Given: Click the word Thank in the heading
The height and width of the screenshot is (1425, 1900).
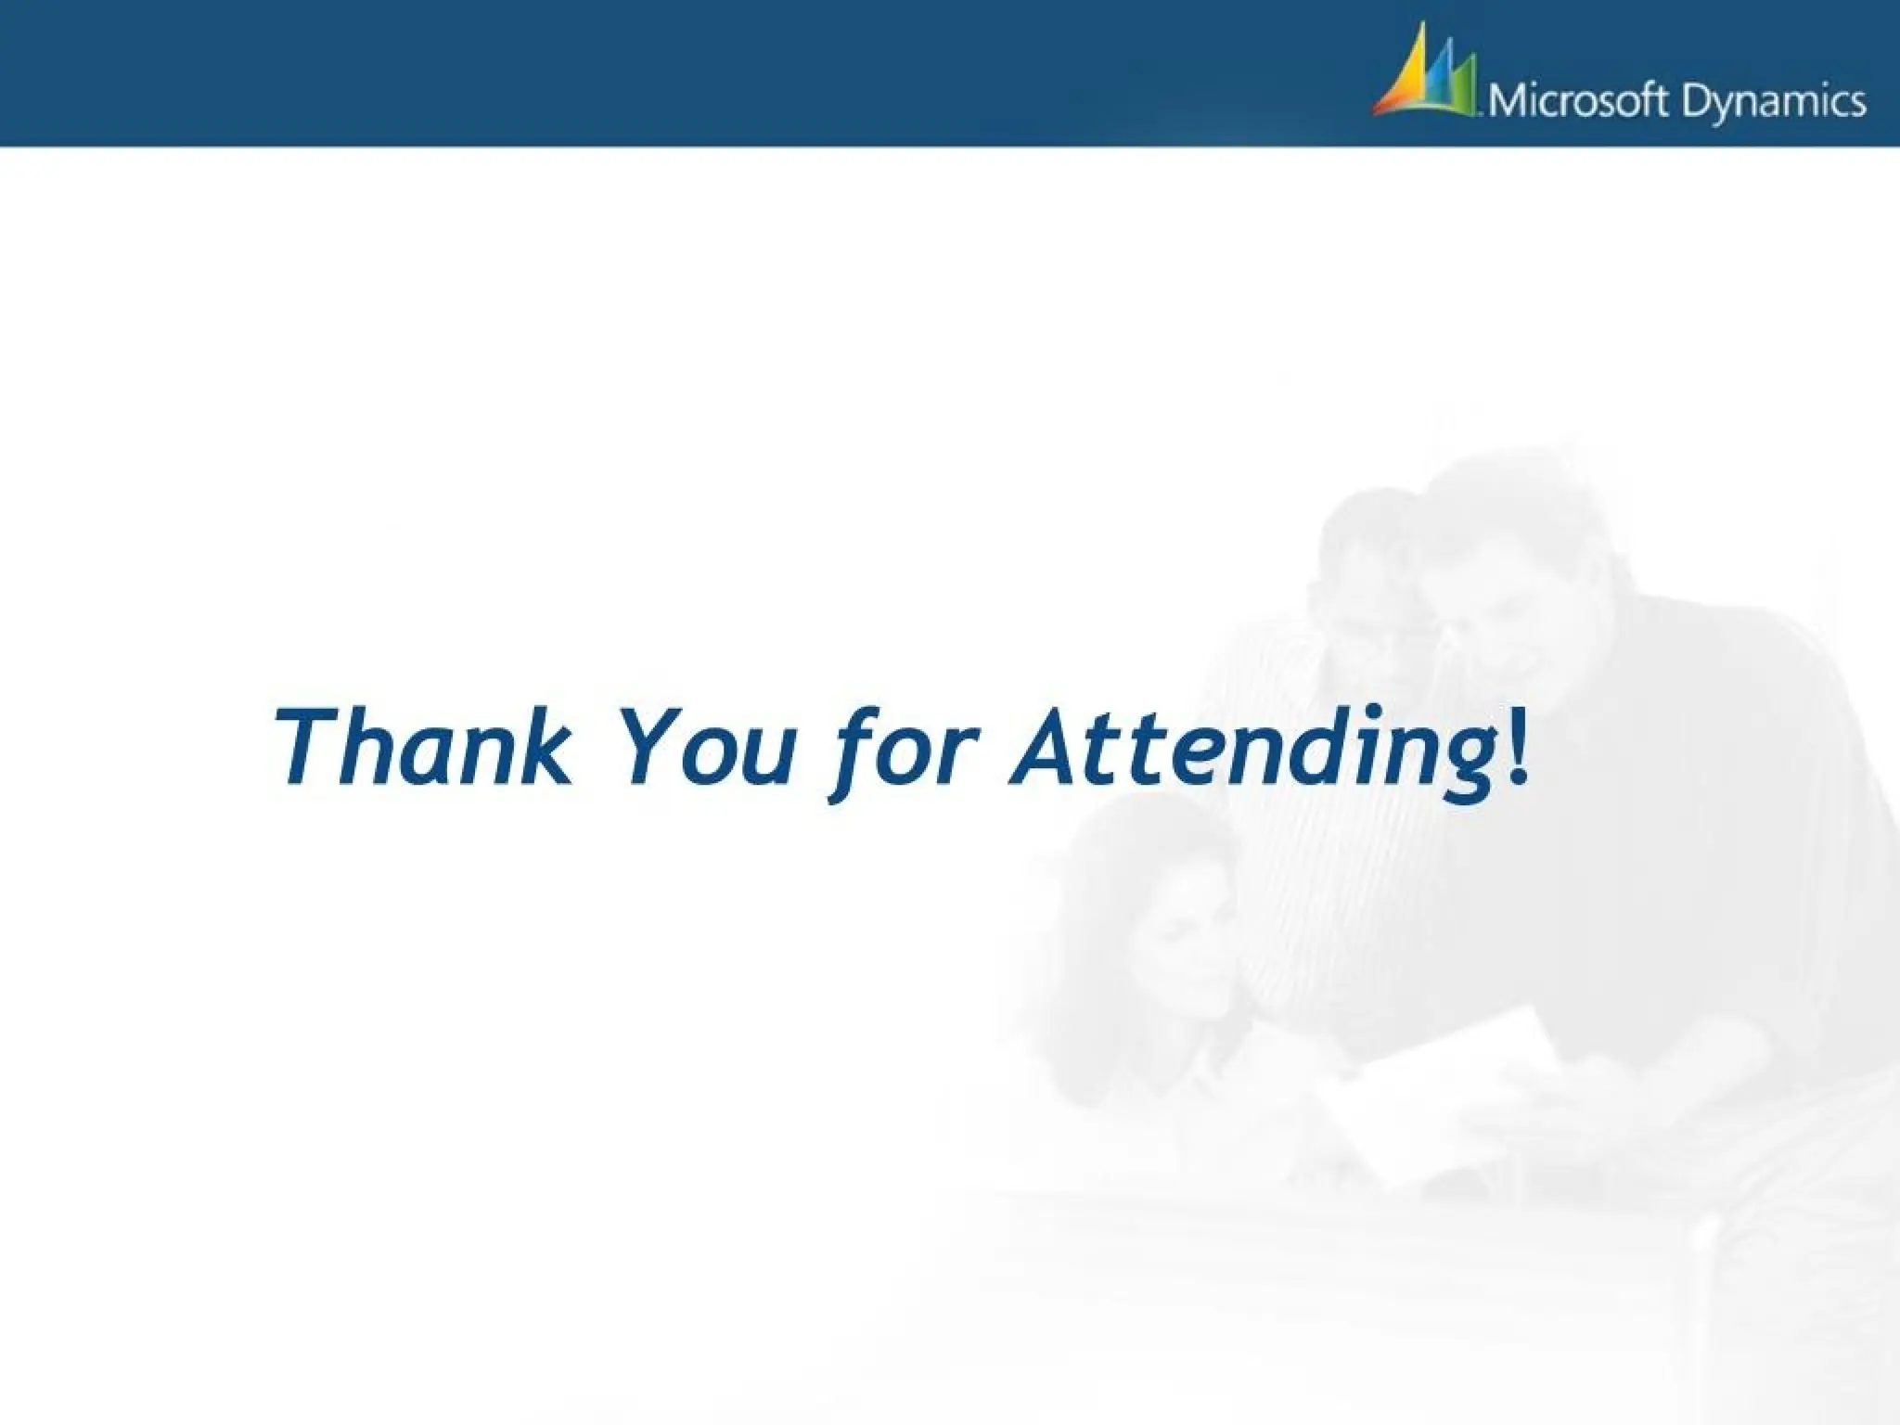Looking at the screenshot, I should click(x=422, y=748).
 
